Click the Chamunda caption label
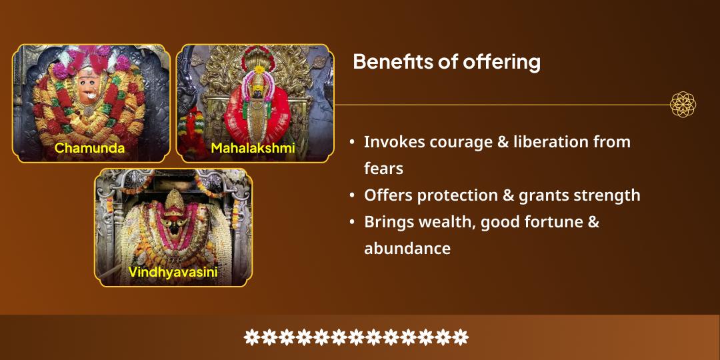tap(89, 148)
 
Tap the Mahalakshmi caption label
tap(253, 148)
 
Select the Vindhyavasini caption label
tap(173, 272)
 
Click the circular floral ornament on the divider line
tap(683, 105)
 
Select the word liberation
tap(553, 142)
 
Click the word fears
tap(383, 169)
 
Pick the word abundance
tap(407, 249)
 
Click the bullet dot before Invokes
tap(352, 142)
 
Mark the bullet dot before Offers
tap(352, 195)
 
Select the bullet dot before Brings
tap(352, 222)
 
